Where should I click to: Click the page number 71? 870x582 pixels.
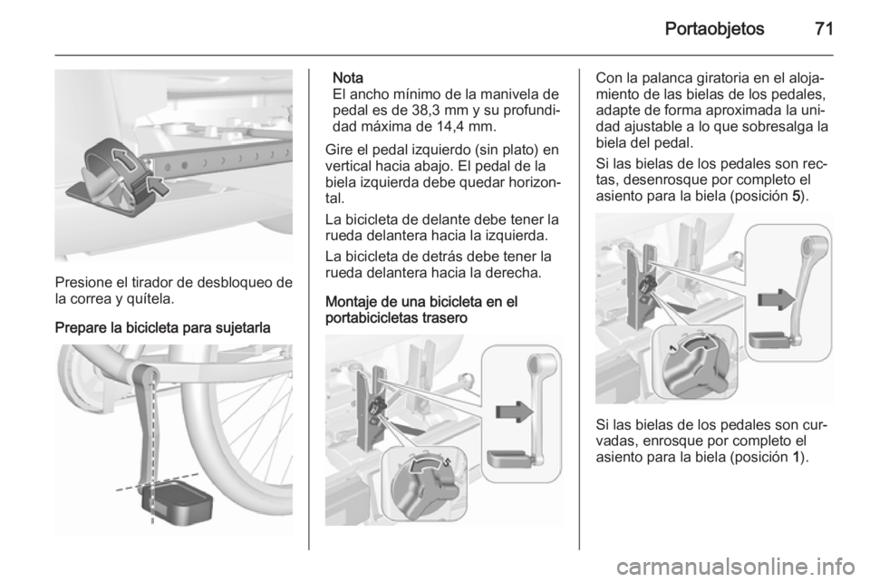point(824,28)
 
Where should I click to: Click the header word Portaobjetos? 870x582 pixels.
point(715,29)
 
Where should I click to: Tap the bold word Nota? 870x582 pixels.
point(348,78)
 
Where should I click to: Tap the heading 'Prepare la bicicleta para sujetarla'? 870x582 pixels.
point(163,328)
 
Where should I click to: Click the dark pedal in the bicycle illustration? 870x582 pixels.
point(179,502)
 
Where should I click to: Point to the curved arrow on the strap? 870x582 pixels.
point(123,160)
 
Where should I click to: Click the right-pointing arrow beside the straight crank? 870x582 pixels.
point(515,412)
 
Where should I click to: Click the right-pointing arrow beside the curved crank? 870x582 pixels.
point(777,300)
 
